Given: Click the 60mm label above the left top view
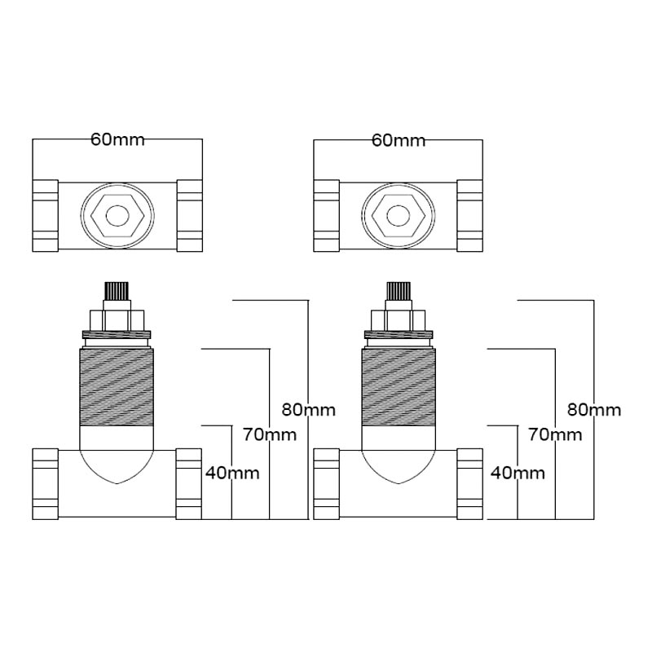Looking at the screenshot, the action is point(117,139).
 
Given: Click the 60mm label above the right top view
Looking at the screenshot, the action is point(399,140).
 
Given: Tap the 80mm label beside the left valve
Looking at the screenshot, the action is point(309,410).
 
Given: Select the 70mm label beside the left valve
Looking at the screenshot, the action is point(270,435).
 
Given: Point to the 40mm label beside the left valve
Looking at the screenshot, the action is point(232,473).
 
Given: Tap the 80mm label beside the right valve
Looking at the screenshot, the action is point(594,410).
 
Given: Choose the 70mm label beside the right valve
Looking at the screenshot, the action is point(555,435).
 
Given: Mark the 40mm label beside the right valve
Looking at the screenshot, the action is point(518,473).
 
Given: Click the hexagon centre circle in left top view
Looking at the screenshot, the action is point(117,215).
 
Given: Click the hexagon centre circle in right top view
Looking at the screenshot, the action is point(399,215).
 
